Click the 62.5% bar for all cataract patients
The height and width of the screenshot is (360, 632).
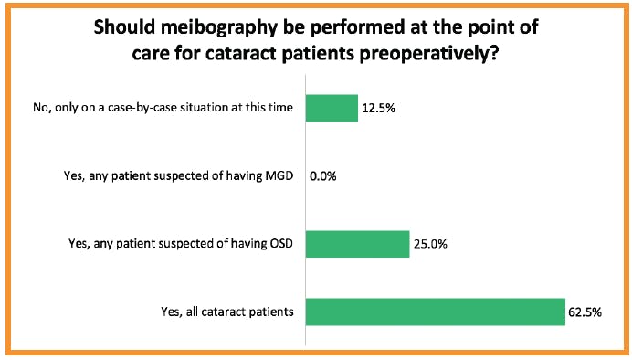[x=436, y=312]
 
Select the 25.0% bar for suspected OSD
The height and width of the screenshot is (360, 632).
[x=357, y=244]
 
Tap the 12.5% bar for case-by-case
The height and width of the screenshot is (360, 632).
[x=332, y=108]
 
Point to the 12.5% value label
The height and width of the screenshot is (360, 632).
[x=378, y=108]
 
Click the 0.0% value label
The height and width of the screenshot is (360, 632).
[x=323, y=176]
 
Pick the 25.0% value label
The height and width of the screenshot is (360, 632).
[x=430, y=244]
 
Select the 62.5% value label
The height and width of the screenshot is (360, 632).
[x=585, y=312]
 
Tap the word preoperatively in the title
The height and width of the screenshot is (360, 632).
[x=429, y=54]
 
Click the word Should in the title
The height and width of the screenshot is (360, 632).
[x=124, y=26]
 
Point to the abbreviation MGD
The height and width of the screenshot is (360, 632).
[x=279, y=175]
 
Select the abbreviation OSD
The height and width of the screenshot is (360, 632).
[x=281, y=243]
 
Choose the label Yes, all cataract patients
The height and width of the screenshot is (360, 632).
[x=227, y=312]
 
